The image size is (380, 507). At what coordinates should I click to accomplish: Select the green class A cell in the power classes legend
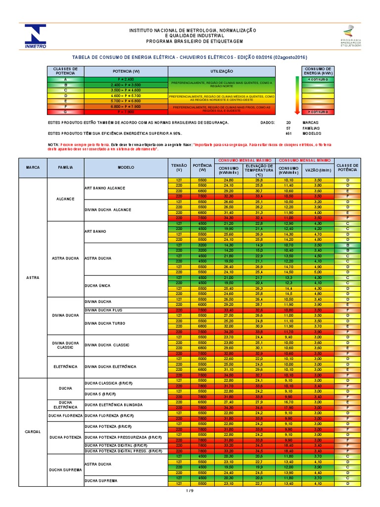[x=65, y=79]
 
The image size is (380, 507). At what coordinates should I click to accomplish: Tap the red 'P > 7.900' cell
[x=126, y=112]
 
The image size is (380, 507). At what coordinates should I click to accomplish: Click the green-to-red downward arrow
[x=296, y=96]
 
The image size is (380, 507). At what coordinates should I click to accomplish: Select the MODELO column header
[x=125, y=168]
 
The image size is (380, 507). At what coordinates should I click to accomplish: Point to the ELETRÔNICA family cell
[x=65, y=366]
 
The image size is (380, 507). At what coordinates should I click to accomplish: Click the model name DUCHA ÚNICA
[x=98, y=286]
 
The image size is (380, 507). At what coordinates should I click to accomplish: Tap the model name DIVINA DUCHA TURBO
[x=105, y=323]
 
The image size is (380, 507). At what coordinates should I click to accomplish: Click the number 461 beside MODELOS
[x=288, y=133]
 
